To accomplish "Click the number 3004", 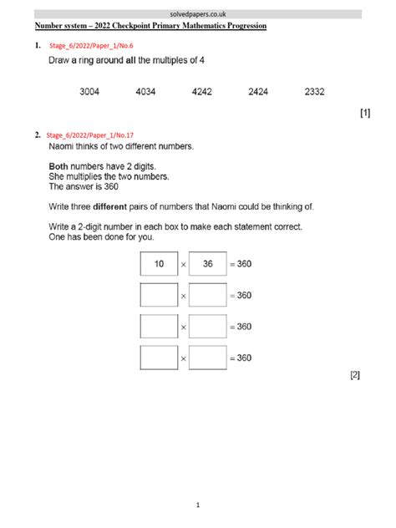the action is coord(89,92).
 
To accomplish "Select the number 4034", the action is coord(145,92).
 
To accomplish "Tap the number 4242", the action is coord(202,92).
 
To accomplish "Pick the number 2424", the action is coord(258,92).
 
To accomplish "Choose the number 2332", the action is coord(315,92).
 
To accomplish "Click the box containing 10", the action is coord(159,264).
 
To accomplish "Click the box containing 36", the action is coord(208,264).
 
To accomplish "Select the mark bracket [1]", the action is coord(364,114).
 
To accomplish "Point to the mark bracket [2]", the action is coord(355,375).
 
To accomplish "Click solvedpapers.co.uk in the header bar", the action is coord(198,14).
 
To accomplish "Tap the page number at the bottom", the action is coord(198,505).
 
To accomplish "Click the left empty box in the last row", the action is coord(159,358).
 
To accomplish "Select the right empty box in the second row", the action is coord(208,295).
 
